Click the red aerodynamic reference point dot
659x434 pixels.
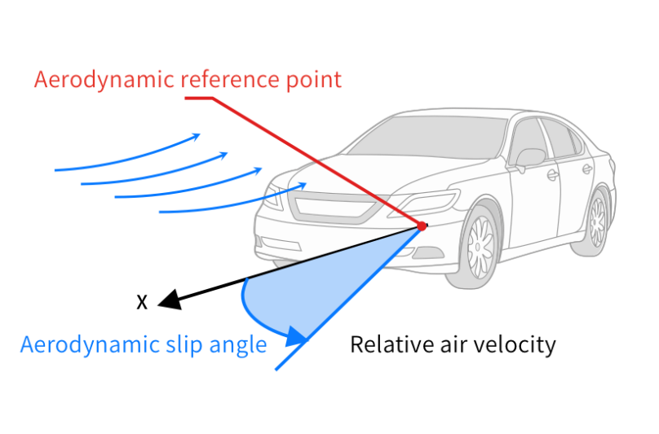422,226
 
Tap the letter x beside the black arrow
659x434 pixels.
142,302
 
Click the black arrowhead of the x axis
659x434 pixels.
170,300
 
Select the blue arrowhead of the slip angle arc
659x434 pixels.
297,336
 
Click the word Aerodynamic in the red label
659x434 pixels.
104,80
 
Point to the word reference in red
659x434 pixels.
230,80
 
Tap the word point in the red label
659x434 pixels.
314,80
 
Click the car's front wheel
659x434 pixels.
478,247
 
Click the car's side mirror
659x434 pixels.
530,159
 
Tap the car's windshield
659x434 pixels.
427,137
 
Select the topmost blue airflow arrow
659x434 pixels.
127,153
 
